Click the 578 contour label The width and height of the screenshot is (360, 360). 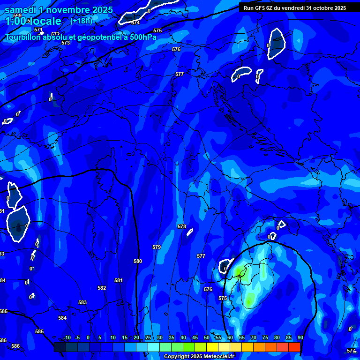182,226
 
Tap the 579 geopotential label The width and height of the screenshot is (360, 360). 157,247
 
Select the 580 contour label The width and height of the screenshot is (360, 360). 138,261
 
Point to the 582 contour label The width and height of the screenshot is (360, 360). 102,288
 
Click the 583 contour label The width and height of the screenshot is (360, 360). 82,302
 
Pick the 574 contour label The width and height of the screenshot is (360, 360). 135,22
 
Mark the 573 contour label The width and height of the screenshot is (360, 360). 66,43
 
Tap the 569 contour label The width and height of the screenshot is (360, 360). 17,15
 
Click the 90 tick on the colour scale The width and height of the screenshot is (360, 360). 300,337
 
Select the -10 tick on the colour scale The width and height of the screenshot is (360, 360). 67,337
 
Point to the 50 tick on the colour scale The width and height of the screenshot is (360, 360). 207,337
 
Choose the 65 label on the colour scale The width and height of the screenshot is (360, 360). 241,337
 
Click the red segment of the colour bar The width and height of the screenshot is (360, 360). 294,347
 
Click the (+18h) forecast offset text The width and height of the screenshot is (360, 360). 81,21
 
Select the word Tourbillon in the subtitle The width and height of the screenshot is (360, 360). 25,37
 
